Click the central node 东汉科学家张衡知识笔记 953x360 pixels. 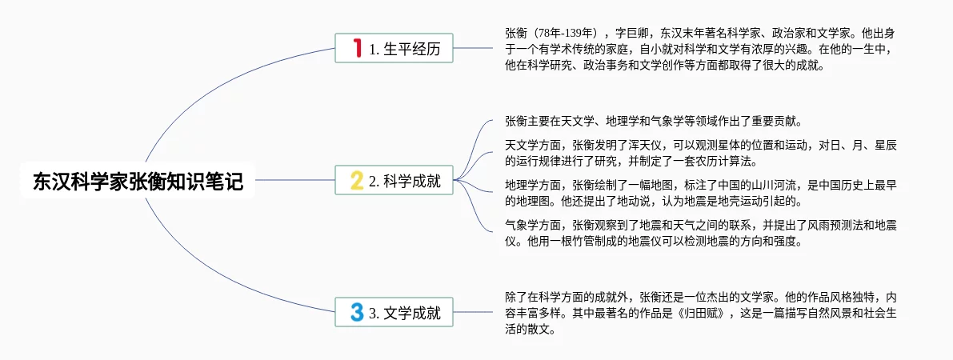[138, 181]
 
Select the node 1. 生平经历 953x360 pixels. [394, 48]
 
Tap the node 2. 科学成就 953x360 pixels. [394, 181]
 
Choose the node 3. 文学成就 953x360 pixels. [394, 313]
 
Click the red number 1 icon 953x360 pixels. [357, 48]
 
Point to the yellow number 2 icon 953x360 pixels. [357, 181]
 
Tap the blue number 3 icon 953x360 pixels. [357, 313]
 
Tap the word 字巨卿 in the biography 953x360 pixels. [634, 34]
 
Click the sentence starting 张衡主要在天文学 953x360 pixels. [653, 122]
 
